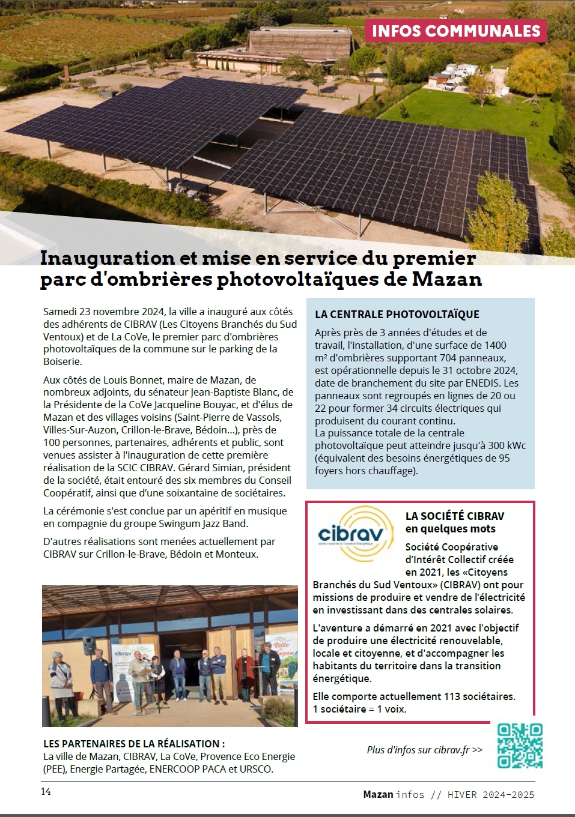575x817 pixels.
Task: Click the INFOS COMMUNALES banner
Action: coord(456,31)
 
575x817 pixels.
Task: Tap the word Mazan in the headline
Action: coord(446,280)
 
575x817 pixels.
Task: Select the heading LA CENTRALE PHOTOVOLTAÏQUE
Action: coord(397,314)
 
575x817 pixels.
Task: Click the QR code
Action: coord(520,746)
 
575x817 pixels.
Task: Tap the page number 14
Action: coord(46,792)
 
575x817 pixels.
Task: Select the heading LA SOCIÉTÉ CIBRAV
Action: coord(455,516)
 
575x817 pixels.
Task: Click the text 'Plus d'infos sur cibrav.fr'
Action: coord(424,750)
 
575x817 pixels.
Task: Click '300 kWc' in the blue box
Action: coord(507,445)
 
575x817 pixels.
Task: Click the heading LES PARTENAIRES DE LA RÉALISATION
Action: coord(134,744)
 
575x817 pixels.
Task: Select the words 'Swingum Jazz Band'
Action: coord(208,523)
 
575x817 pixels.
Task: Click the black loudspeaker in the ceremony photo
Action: coord(88,645)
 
